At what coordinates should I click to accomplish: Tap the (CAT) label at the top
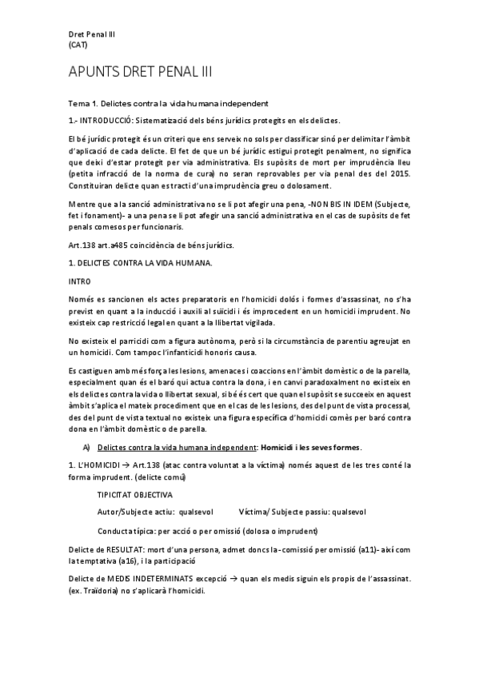[78, 45]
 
